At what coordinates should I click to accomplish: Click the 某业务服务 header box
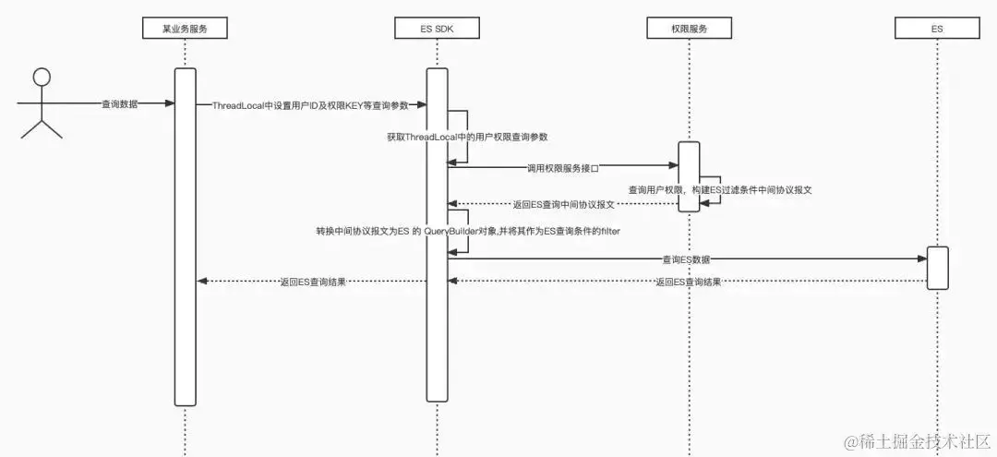click(185, 29)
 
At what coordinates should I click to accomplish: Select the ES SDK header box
click(437, 29)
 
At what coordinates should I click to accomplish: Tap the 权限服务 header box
click(689, 29)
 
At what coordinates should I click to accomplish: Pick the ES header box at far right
click(937, 29)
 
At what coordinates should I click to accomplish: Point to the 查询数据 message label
click(120, 104)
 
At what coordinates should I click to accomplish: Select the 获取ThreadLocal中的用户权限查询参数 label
click(467, 137)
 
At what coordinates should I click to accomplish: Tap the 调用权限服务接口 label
click(562, 168)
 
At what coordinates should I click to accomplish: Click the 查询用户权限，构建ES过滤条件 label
click(719, 188)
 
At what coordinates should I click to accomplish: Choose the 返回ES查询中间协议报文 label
click(563, 205)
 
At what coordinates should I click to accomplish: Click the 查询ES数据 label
click(687, 260)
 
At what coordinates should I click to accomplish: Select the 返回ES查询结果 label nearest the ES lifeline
click(689, 282)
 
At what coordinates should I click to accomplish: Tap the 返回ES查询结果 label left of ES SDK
click(313, 282)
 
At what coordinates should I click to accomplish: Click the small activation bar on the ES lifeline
click(937, 268)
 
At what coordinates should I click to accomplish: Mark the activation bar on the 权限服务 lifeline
click(689, 175)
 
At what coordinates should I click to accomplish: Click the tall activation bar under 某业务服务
click(185, 235)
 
